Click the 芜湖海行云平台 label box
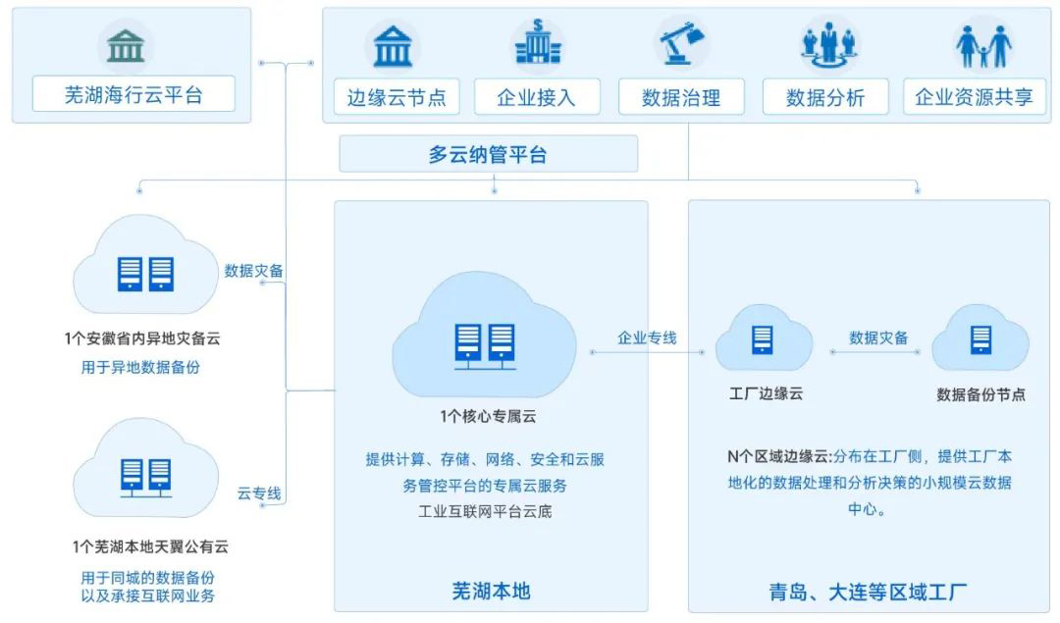(133, 95)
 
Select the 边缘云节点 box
(396, 97)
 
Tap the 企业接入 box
(537, 97)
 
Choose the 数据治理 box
(681, 97)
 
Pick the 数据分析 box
(825, 97)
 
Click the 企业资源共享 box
(974, 97)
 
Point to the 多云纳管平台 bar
(488, 154)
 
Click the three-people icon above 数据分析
(829, 44)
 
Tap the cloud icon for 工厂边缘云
(763, 339)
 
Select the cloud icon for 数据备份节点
(980, 339)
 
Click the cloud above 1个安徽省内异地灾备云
(145, 268)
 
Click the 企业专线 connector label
(647, 337)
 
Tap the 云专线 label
(259, 493)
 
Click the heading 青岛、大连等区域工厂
(868, 592)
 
